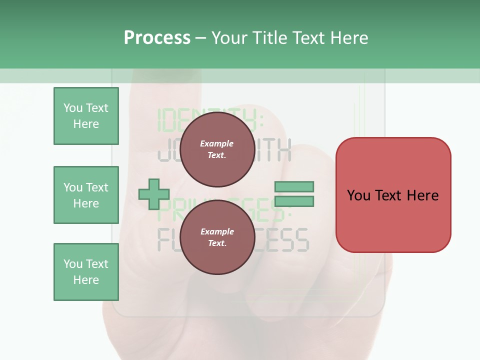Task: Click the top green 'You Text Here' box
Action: click(86, 116)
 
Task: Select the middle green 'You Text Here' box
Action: click(86, 195)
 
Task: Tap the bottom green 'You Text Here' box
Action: click(86, 272)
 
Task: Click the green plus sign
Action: click(153, 194)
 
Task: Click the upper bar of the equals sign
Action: click(294, 187)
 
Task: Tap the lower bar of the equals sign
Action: click(294, 201)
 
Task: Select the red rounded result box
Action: click(393, 195)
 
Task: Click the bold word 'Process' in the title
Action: click(157, 38)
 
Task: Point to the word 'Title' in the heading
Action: click(268, 38)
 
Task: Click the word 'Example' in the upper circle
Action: click(216, 143)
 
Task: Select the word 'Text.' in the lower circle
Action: click(216, 243)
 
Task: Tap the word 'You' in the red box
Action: click(358, 195)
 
